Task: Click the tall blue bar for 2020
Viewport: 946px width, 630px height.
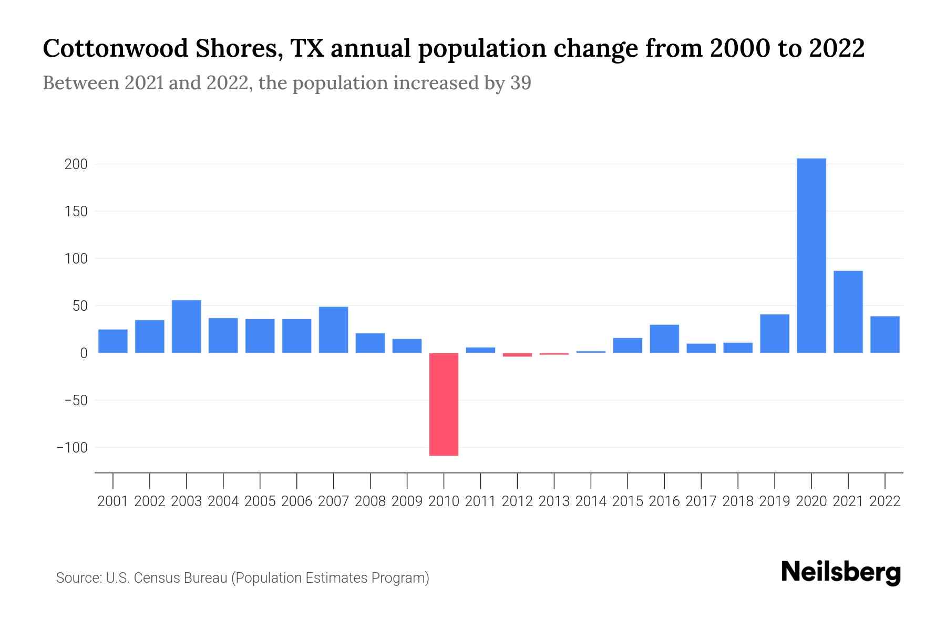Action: point(811,256)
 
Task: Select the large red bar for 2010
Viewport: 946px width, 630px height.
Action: point(444,404)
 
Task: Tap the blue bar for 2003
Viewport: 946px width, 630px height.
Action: point(187,327)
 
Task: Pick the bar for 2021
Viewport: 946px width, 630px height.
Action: point(848,312)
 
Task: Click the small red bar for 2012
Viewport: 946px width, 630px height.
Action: point(517,355)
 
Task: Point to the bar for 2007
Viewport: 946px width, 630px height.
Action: point(333,330)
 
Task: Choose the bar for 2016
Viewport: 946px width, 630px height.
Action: point(664,339)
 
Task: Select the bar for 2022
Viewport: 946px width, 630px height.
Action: point(885,334)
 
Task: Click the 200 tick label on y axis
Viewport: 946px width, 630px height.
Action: point(76,164)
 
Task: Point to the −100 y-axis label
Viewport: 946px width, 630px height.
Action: point(72,448)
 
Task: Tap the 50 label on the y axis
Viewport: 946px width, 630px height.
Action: point(80,306)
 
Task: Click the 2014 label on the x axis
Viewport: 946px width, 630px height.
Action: point(591,501)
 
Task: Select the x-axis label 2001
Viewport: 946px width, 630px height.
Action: point(113,501)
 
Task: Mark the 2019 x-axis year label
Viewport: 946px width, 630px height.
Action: point(774,501)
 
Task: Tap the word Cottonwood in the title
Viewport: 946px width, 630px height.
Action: point(116,49)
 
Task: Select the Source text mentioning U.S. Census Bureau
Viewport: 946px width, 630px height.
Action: point(242,578)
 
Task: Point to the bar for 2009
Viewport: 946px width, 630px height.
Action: point(407,346)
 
